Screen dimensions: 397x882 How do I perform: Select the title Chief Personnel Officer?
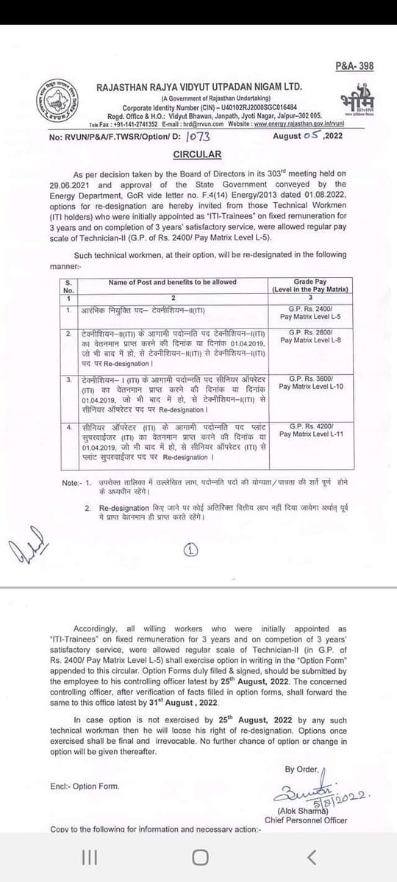tap(322, 831)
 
